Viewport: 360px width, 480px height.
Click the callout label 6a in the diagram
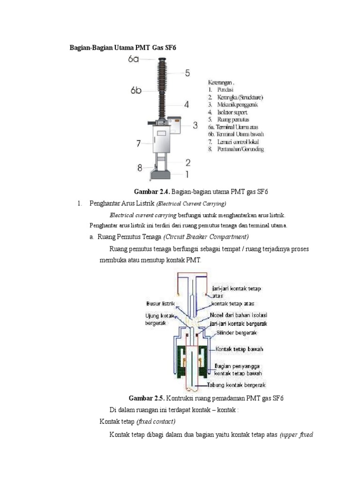[133, 59]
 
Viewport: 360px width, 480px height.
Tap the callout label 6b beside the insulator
[136, 90]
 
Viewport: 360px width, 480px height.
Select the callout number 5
[187, 73]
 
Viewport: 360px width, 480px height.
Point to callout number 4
[187, 105]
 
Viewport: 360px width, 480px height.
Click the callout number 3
[195, 125]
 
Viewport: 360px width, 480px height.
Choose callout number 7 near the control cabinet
[138, 143]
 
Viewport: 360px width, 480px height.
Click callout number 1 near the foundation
[187, 174]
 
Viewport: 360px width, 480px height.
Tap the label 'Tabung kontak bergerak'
[237, 385]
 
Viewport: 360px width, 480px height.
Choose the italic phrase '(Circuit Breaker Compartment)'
[206, 236]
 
